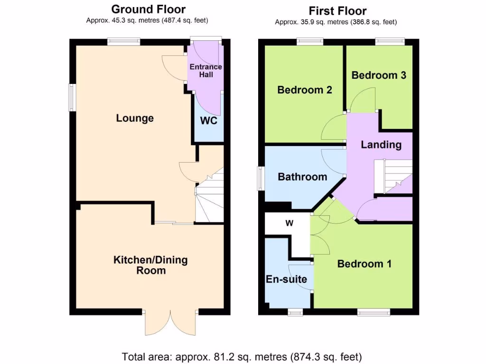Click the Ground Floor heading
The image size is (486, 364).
tap(148, 9)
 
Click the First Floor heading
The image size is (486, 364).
tap(337, 11)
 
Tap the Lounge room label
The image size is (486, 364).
tap(135, 118)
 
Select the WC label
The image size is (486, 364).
tap(208, 121)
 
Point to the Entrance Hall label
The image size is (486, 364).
tap(206, 71)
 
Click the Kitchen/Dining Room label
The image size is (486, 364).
tap(150, 265)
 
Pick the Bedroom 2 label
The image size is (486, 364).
tap(304, 90)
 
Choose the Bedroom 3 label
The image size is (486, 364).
tap(379, 75)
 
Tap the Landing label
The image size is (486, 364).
tap(381, 145)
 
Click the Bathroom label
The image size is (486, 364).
tap(302, 177)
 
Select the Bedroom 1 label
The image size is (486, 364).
tap(364, 264)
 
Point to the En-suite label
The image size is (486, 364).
tap(286, 279)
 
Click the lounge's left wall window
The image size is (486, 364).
tap(72, 98)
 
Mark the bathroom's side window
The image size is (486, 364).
tap(261, 179)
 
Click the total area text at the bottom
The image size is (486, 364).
tap(242, 356)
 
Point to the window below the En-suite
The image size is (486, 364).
tap(296, 311)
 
